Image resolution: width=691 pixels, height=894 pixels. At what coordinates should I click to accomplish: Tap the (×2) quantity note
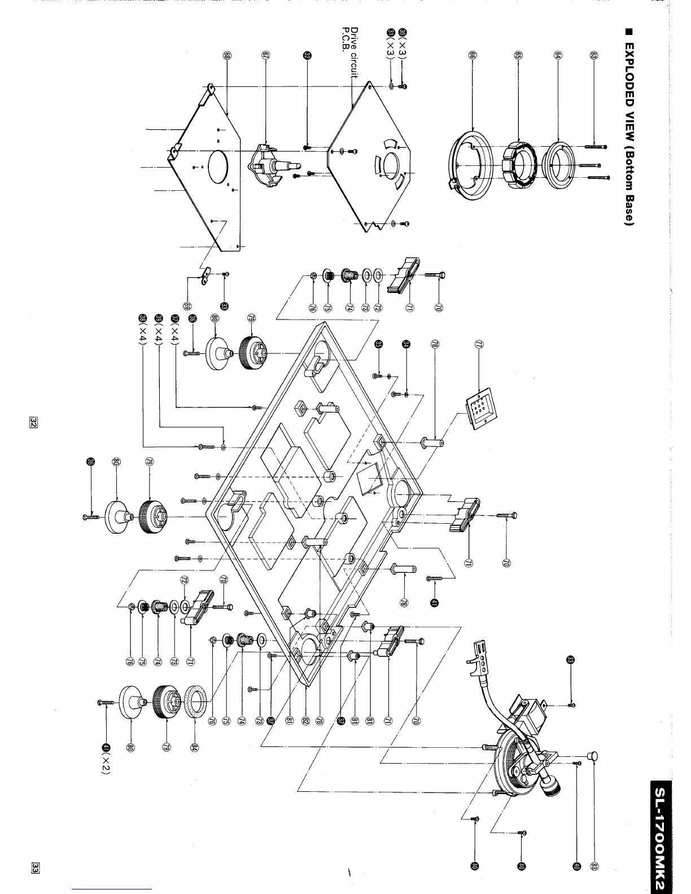coord(105,768)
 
